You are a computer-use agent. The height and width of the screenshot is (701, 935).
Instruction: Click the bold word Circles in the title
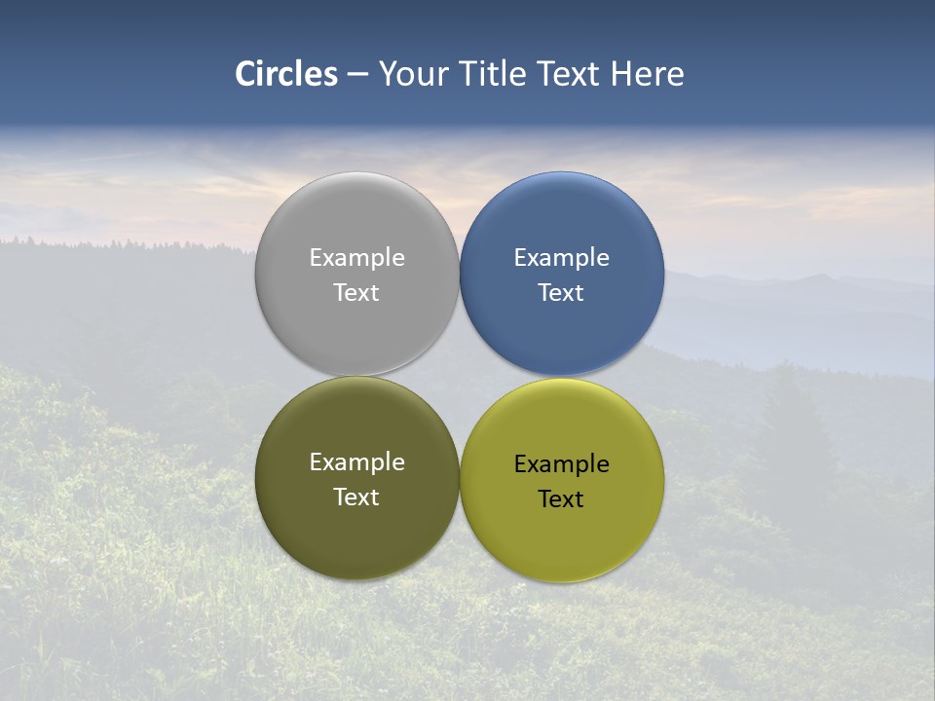286,74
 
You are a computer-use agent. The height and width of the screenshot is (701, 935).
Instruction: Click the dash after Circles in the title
357,75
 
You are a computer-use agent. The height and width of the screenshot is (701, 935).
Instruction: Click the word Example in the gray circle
356,258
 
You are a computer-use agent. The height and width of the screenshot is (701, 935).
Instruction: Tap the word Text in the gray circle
356,293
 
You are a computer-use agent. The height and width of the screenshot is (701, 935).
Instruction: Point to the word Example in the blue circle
561,258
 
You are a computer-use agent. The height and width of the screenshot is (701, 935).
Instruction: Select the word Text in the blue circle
561,293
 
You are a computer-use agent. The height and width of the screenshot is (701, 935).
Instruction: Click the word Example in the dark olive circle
356,462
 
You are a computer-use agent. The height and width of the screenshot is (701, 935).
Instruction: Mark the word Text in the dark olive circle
356,498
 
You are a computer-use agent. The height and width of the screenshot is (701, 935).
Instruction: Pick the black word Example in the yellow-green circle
561,464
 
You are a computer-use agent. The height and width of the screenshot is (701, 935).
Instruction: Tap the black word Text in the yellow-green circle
561,499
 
